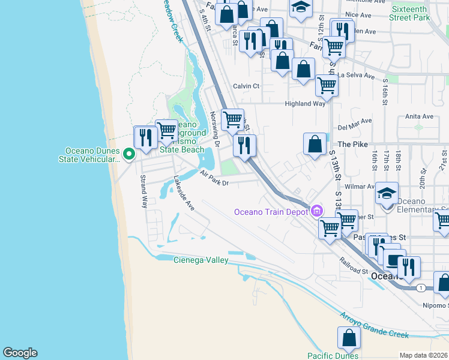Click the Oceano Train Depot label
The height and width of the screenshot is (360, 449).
[x=271, y=211]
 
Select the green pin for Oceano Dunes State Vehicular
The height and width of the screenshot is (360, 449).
[x=128, y=155]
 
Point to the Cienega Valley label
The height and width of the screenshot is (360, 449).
[x=200, y=260]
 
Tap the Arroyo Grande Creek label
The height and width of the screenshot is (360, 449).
[x=375, y=325]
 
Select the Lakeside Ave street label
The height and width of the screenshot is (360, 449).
[x=184, y=193]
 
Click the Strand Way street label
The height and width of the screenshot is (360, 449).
[x=144, y=191]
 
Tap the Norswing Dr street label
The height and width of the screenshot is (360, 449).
[x=214, y=130]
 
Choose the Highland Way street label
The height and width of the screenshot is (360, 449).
[x=305, y=104]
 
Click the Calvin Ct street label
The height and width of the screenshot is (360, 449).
[x=246, y=86]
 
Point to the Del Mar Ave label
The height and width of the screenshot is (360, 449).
[x=352, y=127]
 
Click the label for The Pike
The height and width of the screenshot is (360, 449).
[x=352, y=145]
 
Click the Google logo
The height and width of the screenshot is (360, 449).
[x=20, y=353]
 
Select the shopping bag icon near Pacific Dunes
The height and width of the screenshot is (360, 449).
[x=349, y=339]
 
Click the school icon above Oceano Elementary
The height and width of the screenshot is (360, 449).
[x=387, y=194]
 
